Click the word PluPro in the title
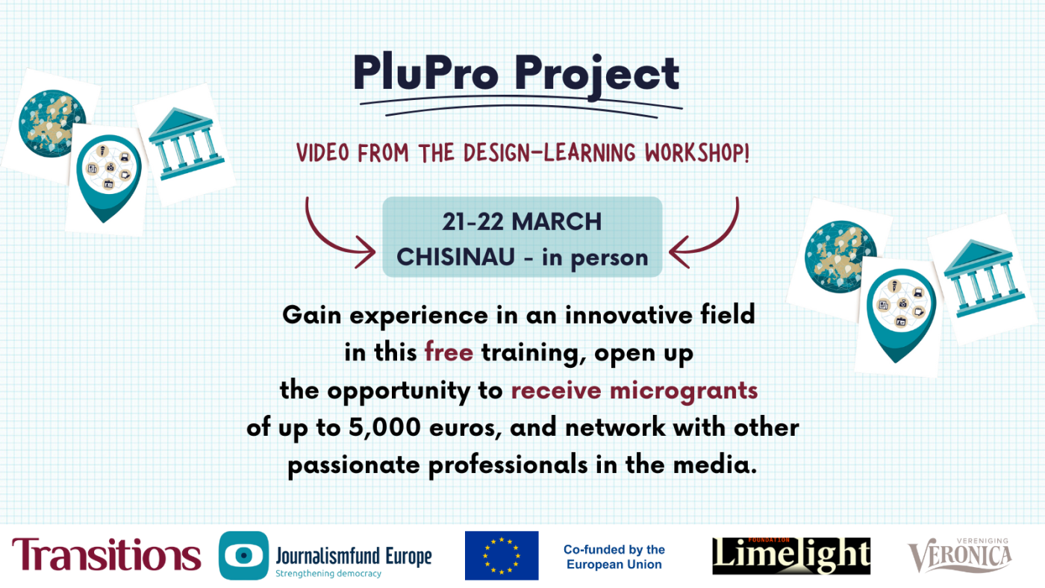[x=426, y=72]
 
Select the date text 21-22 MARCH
[x=522, y=222]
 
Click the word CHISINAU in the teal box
[x=456, y=257]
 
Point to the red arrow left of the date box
[x=327, y=243]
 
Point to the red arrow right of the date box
[x=718, y=243]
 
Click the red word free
[x=449, y=352]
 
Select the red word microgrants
[x=684, y=391]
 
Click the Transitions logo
[x=106, y=554]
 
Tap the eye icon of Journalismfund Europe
[x=243, y=555]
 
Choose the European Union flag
[x=502, y=555]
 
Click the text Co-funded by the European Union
[x=614, y=557]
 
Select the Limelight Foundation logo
[x=791, y=555]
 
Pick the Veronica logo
[x=960, y=554]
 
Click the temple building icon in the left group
[x=185, y=143]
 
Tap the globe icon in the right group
[x=840, y=257]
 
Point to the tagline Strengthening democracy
[x=328, y=574]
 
